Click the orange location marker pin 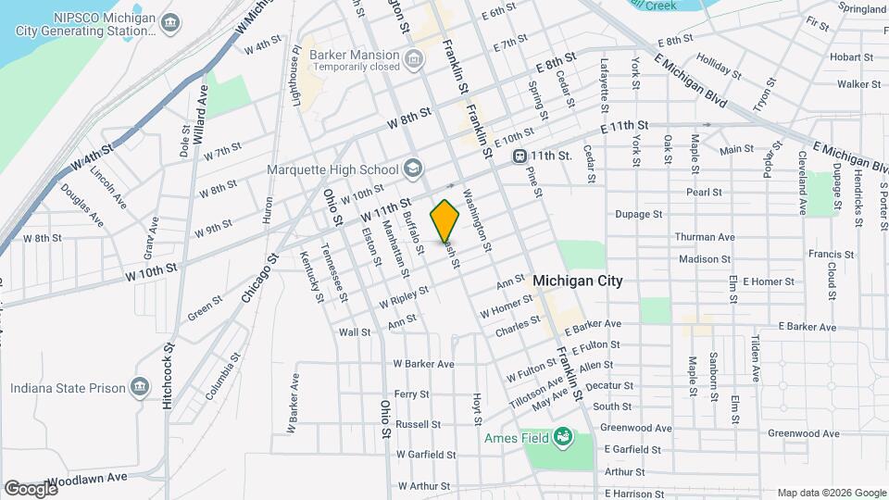click(445, 220)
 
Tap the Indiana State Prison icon click(139, 388)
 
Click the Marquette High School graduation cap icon click(413, 169)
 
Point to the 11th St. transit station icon click(520, 156)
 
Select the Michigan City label click(579, 281)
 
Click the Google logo click(31, 488)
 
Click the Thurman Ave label click(705, 237)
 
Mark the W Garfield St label click(426, 455)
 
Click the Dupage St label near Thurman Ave click(639, 214)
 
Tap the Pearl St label click(704, 193)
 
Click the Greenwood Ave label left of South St click(635, 428)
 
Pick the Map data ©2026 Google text click(831, 493)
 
